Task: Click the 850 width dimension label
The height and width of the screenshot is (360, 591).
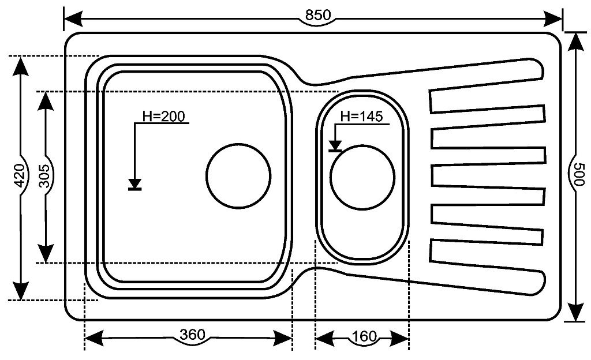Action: (x=318, y=16)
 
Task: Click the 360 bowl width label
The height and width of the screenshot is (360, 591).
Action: (x=191, y=335)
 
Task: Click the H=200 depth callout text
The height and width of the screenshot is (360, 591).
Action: (x=163, y=116)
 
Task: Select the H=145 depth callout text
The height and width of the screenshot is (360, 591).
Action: (x=361, y=116)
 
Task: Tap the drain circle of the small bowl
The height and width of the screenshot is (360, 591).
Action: (x=363, y=176)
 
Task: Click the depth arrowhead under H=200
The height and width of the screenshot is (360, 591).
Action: (x=135, y=184)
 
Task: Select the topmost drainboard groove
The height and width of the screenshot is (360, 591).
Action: (x=488, y=101)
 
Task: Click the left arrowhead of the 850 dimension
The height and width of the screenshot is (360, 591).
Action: (x=72, y=19)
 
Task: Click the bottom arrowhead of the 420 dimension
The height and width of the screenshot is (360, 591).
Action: (x=21, y=291)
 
